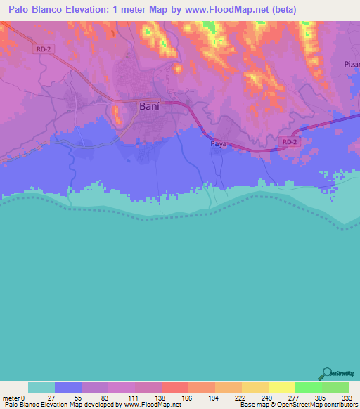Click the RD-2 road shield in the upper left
pos(41,48)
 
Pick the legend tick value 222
pos(241,398)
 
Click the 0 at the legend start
pos(23,398)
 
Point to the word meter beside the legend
pos(11,398)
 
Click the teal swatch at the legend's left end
pos(41,387)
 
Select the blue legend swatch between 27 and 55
pos(68,387)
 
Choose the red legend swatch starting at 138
pos(174,387)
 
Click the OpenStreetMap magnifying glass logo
pos(326,372)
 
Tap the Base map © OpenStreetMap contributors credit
pos(298,405)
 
